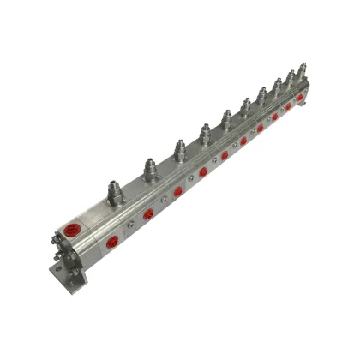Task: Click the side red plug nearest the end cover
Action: [113, 243]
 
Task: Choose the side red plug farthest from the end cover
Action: [300, 98]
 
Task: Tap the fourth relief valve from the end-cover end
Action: [205, 133]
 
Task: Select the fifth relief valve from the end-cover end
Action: [226, 119]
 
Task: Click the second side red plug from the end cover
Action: [148, 214]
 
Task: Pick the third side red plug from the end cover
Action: [177, 192]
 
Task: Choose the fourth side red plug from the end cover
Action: [203, 171]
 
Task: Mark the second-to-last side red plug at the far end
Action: [288, 106]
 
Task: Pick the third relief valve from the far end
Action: [277, 86]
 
